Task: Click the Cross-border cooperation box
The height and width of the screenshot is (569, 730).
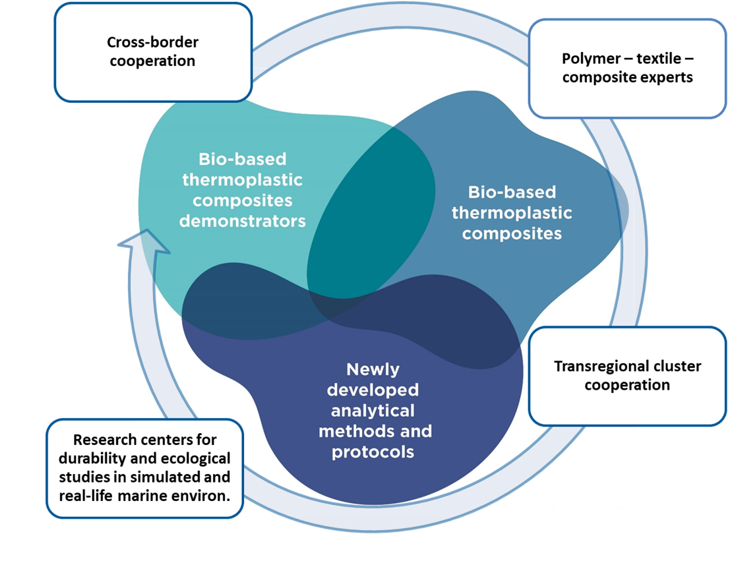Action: point(153,52)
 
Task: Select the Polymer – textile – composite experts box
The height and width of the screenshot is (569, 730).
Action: point(627,69)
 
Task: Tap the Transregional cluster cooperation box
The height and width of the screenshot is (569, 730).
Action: point(627,376)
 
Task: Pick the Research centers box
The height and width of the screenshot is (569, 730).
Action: point(145,468)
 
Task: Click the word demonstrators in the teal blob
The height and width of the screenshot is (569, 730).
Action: point(243,221)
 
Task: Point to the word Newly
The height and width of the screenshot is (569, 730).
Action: point(373,369)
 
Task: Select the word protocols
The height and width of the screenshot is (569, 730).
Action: point(373,452)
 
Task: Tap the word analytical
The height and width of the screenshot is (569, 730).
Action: point(373,411)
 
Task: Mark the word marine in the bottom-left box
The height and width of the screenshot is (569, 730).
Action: point(143,496)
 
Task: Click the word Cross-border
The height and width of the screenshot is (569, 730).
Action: point(153,42)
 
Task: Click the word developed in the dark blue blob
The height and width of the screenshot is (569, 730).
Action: point(373,390)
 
